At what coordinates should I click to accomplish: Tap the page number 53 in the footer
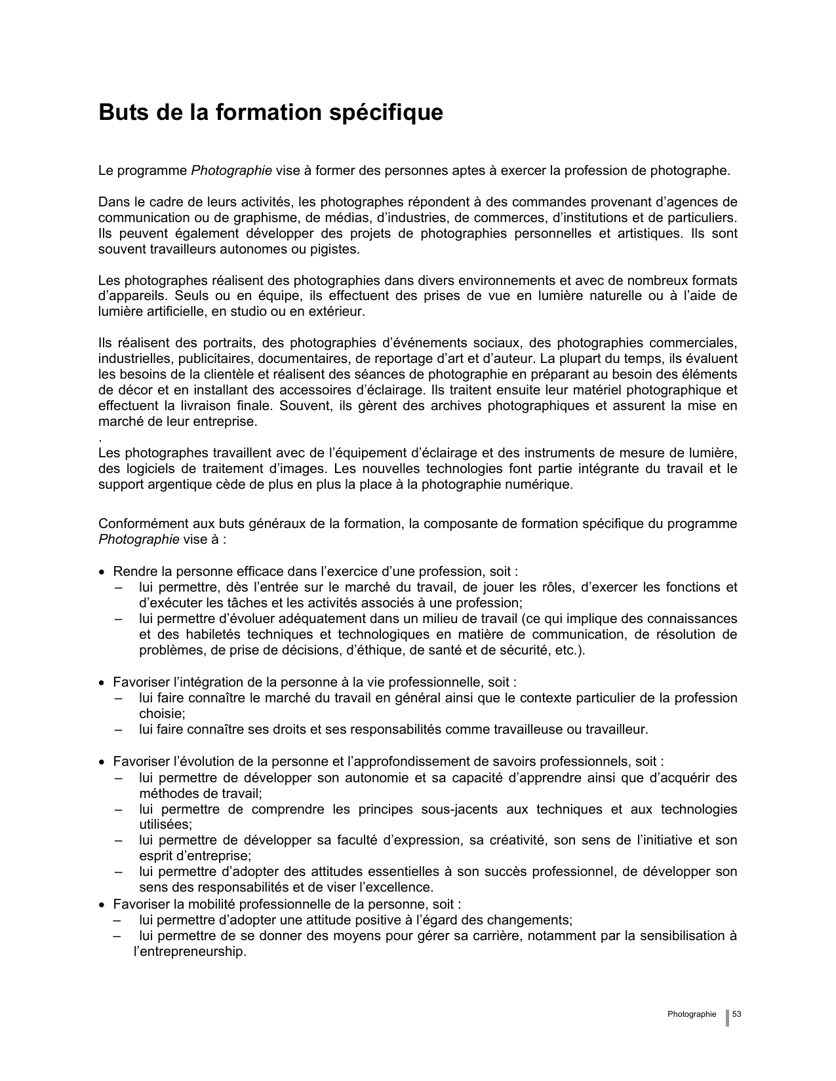737,1014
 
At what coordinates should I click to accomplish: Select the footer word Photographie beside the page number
692,1014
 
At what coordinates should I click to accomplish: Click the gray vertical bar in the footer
727,1017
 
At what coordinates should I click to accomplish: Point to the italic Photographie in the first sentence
231,171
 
